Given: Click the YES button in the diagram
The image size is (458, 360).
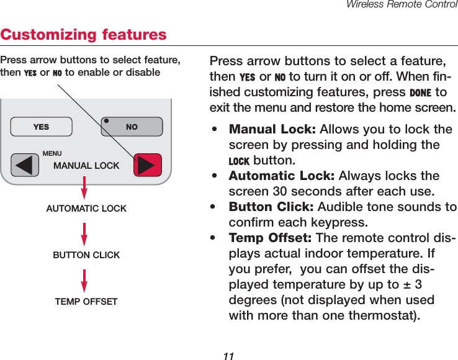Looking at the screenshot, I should pyautogui.click(x=41, y=127).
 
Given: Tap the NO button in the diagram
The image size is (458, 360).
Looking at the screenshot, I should pyautogui.click(x=132, y=127).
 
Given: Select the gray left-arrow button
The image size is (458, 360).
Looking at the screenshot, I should pyautogui.click(x=25, y=165).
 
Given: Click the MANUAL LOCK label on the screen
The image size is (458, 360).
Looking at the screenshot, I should pyautogui.click(x=86, y=166).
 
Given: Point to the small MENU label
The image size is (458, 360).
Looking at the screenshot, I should pyautogui.click(x=52, y=153).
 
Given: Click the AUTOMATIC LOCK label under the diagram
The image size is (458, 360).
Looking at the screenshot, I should pyautogui.click(x=86, y=209).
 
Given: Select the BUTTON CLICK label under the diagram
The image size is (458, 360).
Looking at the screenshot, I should pyautogui.click(x=86, y=255).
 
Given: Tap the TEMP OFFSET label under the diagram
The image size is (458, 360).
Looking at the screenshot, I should pyautogui.click(x=86, y=302).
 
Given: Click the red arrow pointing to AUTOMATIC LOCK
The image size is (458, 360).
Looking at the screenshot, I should pyautogui.click(x=84, y=189).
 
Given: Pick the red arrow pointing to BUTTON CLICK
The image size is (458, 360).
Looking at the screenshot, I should pyautogui.click(x=84, y=235).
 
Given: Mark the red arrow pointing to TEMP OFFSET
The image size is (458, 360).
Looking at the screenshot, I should pyautogui.click(x=84, y=282).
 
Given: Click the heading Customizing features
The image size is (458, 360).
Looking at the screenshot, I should pyautogui.click(x=84, y=34).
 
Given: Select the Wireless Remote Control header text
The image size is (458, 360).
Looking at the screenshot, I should pyautogui.click(x=402, y=5).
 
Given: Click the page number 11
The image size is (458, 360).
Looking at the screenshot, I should pyautogui.click(x=228, y=356).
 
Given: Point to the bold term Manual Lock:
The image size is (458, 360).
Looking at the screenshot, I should pyautogui.click(x=272, y=130).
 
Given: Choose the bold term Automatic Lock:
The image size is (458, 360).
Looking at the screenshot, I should pyautogui.click(x=281, y=176).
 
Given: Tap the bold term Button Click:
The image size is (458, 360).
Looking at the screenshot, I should pyautogui.click(x=271, y=207).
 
